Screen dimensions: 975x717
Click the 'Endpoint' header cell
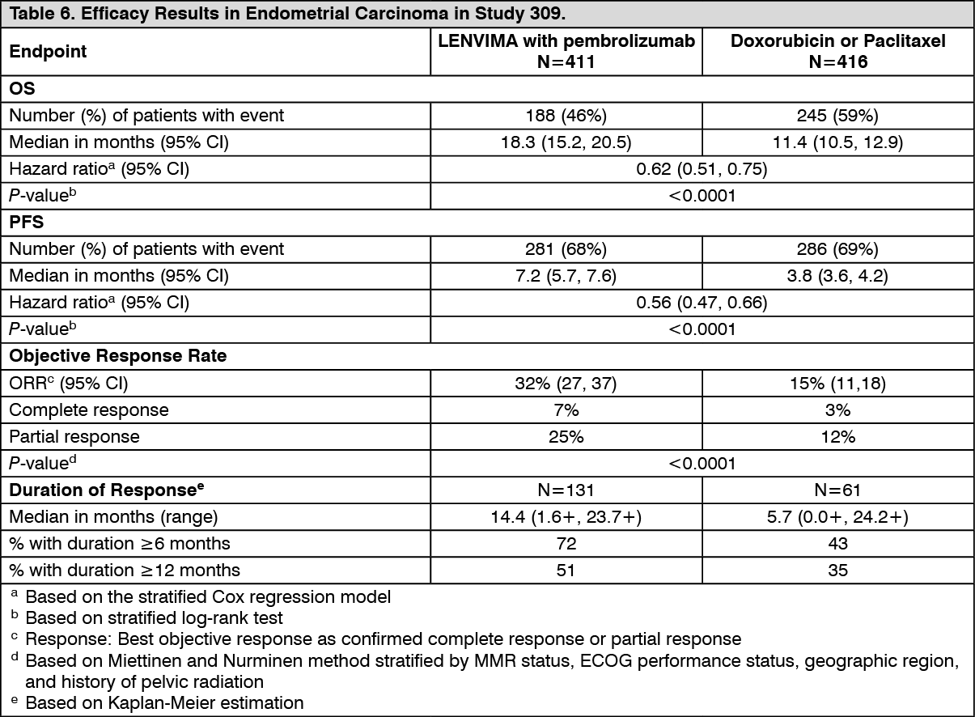pos(48,52)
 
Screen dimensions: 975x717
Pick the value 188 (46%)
pos(566,115)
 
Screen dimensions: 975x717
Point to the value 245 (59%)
pos(837,115)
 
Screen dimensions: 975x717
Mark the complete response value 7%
pos(566,409)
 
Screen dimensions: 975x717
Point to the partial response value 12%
pos(837,436)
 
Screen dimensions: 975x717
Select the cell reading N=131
pos(566,490)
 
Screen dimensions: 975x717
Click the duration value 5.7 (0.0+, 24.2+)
pos(837,516)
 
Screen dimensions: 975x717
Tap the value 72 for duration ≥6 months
pos(566,543)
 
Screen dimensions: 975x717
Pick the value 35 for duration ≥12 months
pos(837,570)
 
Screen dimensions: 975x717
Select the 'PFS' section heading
pos(23,222)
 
